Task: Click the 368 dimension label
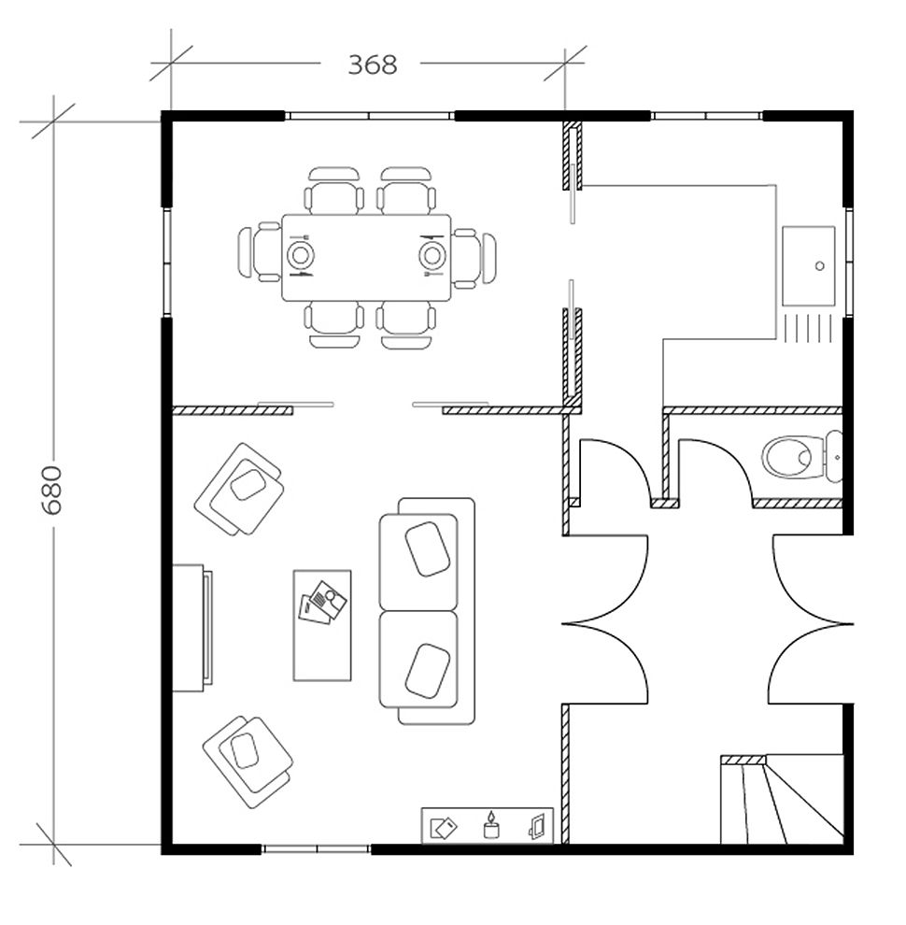(373, 64)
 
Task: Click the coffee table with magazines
(322, 625)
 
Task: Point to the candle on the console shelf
(489, 824)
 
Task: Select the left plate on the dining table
(301, 254)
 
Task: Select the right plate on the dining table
(431, 254)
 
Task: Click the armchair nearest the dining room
(240, 488)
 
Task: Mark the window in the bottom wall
(317, 848)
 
